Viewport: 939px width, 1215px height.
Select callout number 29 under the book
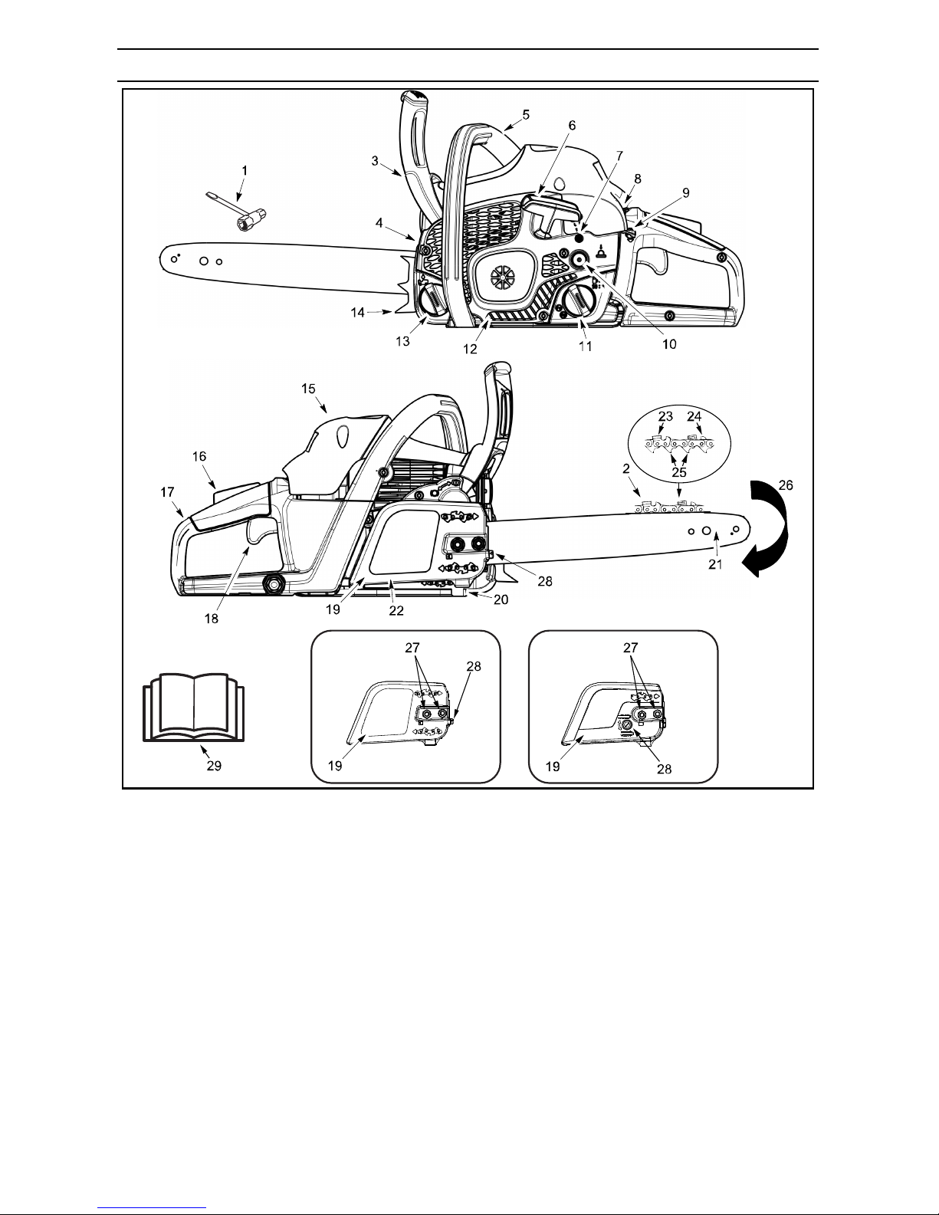tap(215, 767)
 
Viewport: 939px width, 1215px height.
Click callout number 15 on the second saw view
tap(308, 389)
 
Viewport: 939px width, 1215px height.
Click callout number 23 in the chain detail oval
tap(665, 417)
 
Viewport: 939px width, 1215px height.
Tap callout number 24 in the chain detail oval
tap(694, 417)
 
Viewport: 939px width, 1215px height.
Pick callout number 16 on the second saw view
tap(199, 456)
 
